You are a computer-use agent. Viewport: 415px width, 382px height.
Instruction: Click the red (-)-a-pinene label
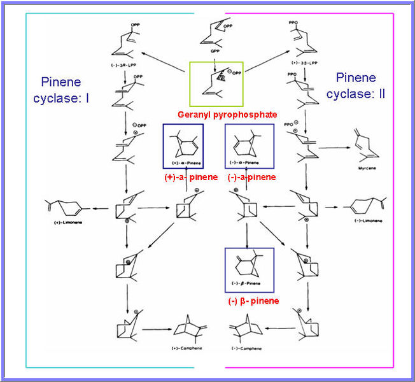point(251,176)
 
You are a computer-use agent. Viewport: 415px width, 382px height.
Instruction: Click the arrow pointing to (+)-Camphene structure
point(158,330)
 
